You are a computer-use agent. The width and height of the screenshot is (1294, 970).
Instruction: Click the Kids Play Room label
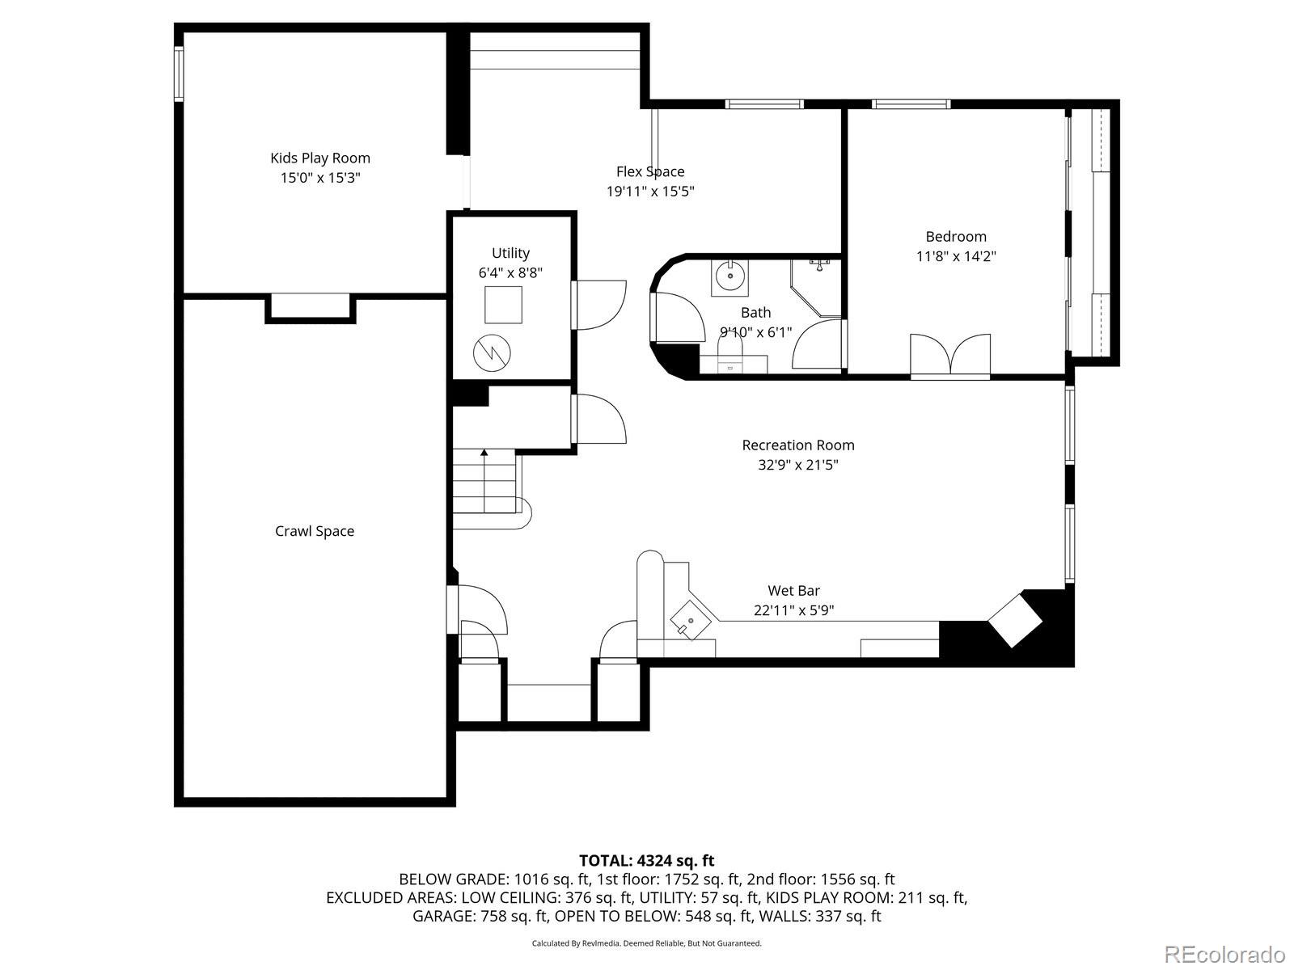click(320, 158)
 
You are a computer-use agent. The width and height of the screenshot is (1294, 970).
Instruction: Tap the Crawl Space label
click(315, 531)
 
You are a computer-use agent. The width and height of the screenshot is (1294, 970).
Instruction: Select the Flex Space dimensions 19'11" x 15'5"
click(650, 192)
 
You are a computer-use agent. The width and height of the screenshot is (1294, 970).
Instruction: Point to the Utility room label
click(510, 253)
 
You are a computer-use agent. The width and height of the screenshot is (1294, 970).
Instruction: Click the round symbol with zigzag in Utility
click(492, 352)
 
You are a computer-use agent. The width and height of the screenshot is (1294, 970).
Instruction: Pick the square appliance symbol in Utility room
click(503, 305)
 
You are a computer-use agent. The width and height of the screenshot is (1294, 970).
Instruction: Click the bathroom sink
click(729, 276)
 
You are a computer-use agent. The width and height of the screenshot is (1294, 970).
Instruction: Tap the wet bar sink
click(687, 619)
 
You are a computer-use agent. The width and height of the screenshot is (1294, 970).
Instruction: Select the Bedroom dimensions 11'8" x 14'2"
click(956, 256)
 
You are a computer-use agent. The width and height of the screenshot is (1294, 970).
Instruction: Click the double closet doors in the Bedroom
click(950, 354)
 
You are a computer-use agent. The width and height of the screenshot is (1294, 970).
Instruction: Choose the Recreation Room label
click(798, 445)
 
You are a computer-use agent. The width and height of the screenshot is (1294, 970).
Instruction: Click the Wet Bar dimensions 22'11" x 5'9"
click(793, 610)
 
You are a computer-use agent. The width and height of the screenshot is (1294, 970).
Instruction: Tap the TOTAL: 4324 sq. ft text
click(647, 860)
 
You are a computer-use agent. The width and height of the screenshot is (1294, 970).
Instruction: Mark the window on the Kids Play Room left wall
click(179, 74)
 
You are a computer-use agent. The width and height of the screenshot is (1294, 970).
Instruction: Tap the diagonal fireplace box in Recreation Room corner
click(1014, 619)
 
